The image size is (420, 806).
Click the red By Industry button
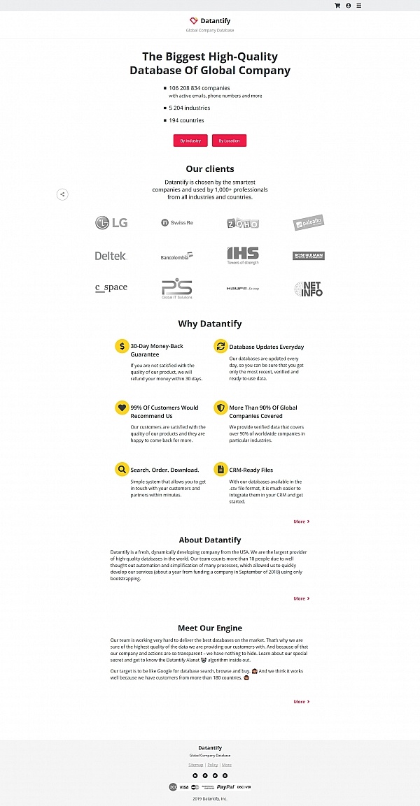190,141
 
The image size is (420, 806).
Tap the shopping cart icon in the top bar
337,6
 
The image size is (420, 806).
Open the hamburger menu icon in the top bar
359,6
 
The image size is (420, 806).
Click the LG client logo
111,223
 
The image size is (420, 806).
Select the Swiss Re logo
176,223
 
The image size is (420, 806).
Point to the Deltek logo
111,256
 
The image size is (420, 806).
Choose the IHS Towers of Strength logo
243,255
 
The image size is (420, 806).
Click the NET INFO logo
309,289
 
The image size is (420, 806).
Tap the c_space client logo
111,288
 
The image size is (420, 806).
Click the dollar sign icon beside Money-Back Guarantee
122,346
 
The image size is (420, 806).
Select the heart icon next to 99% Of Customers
122,408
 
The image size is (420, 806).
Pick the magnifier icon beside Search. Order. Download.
122,469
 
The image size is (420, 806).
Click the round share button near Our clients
62,194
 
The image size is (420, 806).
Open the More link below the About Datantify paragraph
301,598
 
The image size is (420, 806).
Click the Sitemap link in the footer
195,765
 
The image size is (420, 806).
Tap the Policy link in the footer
213,765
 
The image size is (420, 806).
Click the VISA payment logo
184,786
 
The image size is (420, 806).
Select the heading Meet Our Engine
210,628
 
